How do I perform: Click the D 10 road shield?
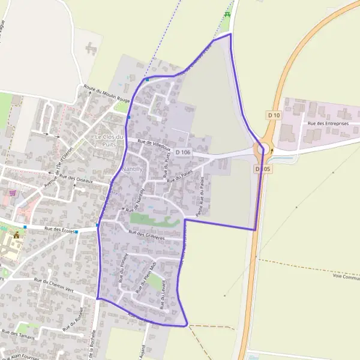click(x=274, y=115)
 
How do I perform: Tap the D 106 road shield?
click(x=184, y=152)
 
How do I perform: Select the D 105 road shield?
click(x=263, y=169)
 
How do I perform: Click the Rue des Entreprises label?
click(x=328, y=124)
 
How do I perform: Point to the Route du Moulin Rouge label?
click(x=107, y=94)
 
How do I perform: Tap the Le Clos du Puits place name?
click(x=109, y=140)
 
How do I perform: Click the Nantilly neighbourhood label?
click(x=132, y=170)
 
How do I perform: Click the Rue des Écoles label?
click(x=59, y=230)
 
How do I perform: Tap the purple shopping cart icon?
click(x=13, y=193)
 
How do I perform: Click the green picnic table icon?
click(x=227, y=14)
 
